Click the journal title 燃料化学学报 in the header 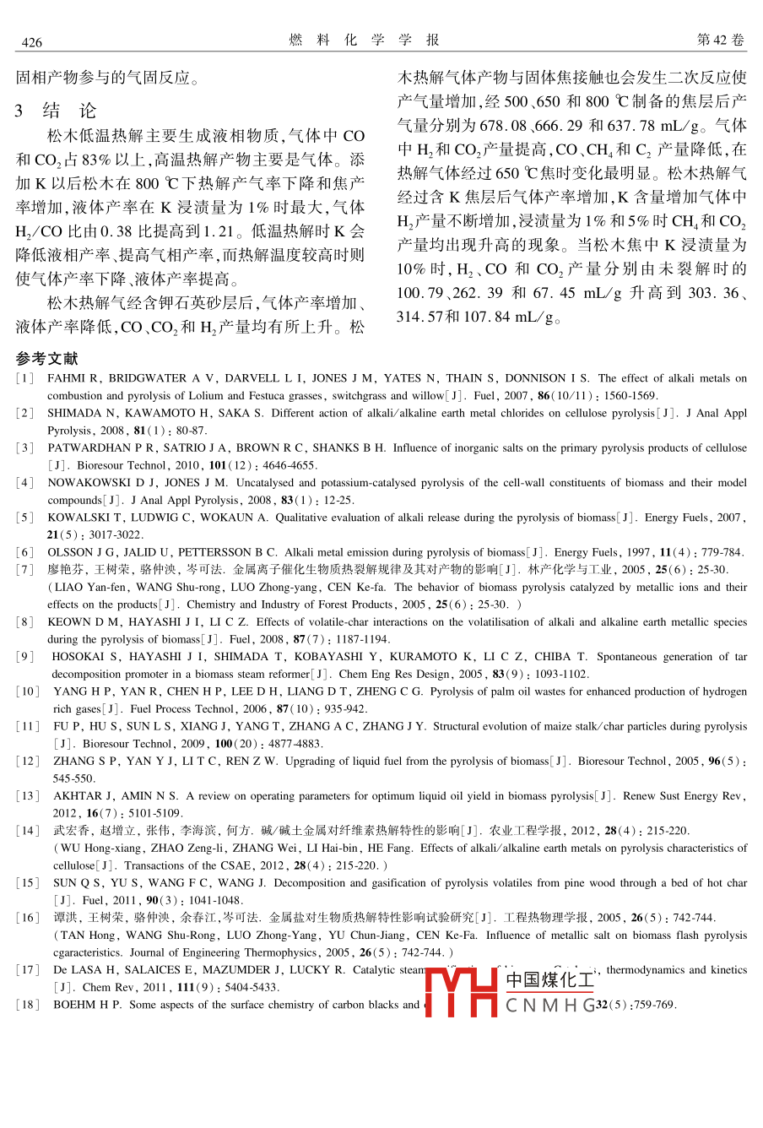click(364, 41)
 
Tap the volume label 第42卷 click(721, 41)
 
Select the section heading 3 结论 click(56, 111)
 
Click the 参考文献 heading click(46, 359)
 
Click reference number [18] click(28, 1005)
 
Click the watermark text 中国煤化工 click(549, 979)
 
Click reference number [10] click(28, 691)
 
